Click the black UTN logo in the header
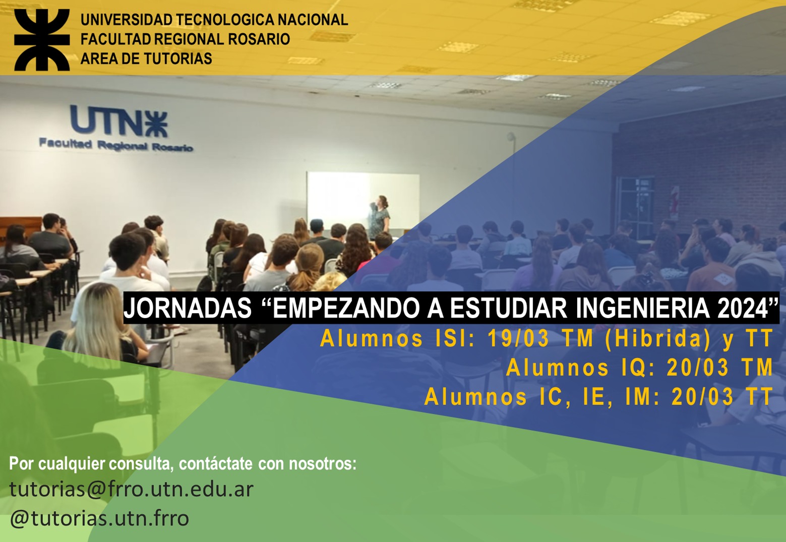42,40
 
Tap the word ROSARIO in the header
259,39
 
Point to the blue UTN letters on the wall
119,122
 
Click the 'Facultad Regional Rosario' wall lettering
116,145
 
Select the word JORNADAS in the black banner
188,308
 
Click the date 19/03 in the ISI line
518,338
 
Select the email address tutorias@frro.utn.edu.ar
131,489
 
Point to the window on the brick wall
636,208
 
